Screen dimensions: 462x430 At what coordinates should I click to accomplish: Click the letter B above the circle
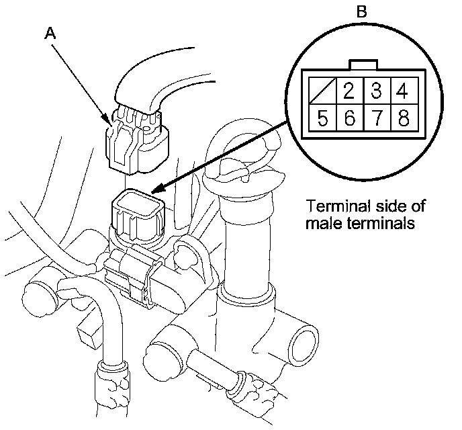(362, 11)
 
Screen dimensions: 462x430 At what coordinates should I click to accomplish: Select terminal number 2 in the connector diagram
(349, 89)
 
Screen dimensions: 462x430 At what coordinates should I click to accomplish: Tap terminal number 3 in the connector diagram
(376, 89)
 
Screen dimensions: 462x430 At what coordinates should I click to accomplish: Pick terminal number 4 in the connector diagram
(404, 89)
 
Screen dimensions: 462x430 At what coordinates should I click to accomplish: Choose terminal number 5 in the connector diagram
(322, 119)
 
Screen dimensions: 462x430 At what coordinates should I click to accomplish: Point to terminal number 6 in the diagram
(349, 119)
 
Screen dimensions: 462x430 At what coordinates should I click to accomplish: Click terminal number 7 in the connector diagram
(376, 119)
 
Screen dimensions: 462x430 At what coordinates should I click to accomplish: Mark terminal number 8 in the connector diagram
(404, 119)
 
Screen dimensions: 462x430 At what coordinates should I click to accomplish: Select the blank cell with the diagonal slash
(322, 89)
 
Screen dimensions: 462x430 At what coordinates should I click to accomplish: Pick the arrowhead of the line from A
(109, 121)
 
